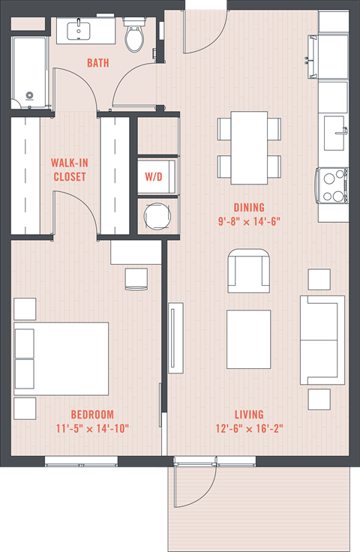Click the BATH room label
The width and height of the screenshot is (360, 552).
(x=97, y=63)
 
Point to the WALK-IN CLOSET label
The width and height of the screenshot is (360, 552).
(x=68, y=169)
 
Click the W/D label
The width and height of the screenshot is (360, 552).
(x=157, y=178)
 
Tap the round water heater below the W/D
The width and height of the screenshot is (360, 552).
(x=157, y=217)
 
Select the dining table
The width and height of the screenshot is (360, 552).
(x=249, y=147)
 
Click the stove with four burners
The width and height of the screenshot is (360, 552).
(x=332, y=184)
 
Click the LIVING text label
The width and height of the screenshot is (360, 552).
(x=248, y=415)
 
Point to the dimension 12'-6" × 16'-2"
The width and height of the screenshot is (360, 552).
(x=248, y=429)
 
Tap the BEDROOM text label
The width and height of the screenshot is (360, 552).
(x=92, y=415)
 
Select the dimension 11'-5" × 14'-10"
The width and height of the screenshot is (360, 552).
(x=92, y=429)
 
